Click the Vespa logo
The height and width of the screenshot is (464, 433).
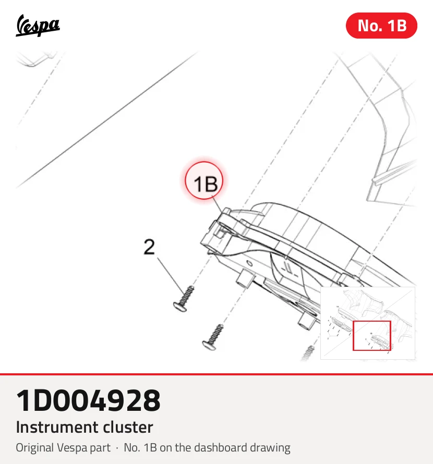coord(38,26)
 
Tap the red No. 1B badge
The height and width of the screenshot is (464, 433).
coord(381,26)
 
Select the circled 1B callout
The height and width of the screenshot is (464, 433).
coord(204,181)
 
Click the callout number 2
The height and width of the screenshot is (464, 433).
coord(149,247)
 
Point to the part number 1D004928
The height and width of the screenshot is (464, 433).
coord(88,400)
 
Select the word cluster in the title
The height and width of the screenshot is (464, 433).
coord(128,427)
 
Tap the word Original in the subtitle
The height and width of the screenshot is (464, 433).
coord(34,448)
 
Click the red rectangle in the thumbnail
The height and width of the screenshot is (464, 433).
coord(372,321)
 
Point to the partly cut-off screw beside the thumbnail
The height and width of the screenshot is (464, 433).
coord(308,353)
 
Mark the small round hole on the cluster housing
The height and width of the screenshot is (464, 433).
coord(250,264)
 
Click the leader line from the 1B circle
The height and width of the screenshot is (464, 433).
coord(217,205)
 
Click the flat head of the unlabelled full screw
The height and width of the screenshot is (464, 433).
coord(209,346)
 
